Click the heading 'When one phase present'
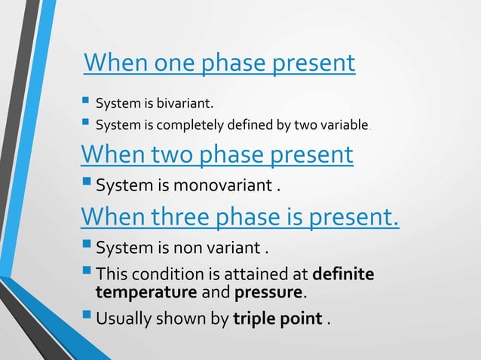(219, 63)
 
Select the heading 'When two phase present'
(216, 154)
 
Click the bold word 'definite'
(342, 273)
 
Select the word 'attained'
(261, 273)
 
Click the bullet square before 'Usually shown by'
(86, 318)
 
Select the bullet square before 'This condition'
(86, 272)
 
